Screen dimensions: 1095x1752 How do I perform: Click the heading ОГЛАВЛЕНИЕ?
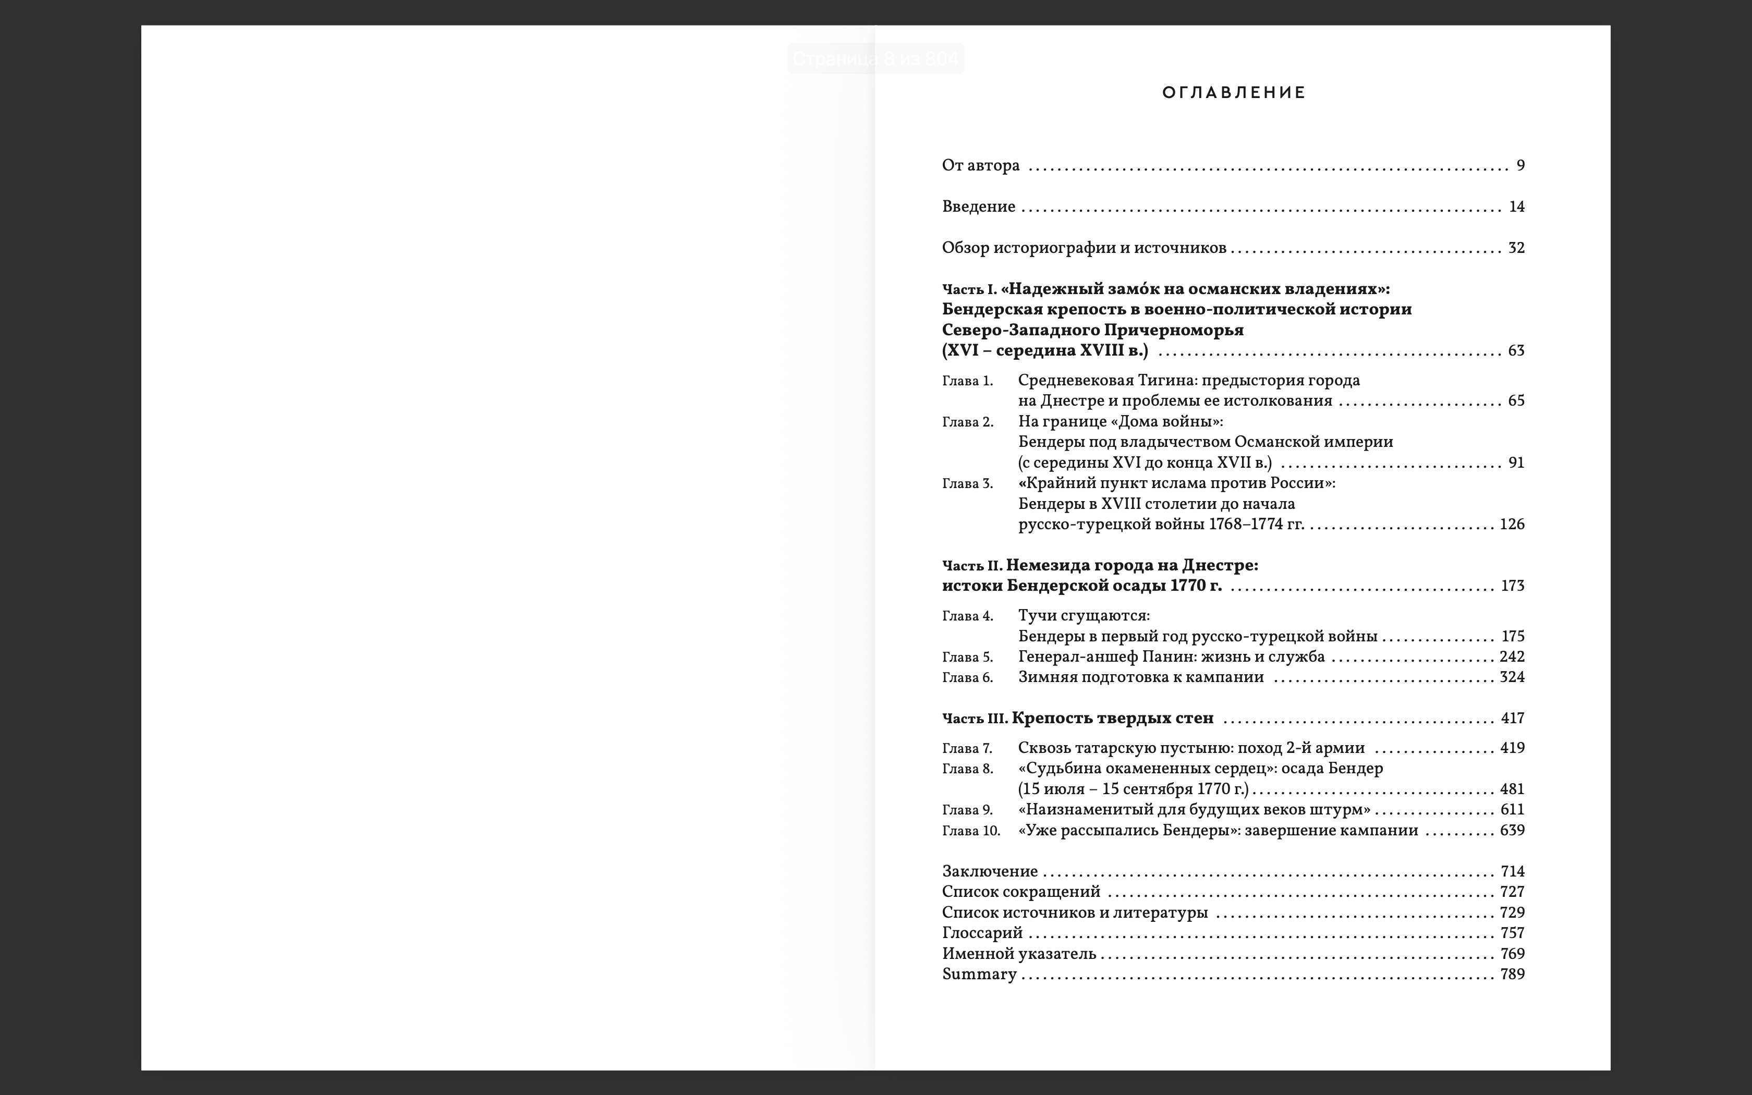[1234, 93]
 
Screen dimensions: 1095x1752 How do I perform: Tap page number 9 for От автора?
[1520, 166]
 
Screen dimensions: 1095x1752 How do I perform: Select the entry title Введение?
[978, 207]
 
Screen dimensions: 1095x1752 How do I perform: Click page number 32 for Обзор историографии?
[1516, 248]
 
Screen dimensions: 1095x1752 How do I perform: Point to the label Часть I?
[969, 290]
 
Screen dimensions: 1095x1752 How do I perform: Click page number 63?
[1516, 351]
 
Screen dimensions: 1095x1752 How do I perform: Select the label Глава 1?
[967, 381]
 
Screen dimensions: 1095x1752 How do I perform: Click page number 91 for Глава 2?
[1516, 463]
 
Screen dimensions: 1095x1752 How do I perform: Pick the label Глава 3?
[967, 484]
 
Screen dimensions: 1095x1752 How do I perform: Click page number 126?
[1512, 525]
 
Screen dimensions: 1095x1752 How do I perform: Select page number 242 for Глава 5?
[1512, 657]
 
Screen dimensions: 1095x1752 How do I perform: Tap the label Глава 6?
[967, 678]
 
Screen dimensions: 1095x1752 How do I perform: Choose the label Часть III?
[975, 719]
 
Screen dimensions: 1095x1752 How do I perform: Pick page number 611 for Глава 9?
[1512, 810]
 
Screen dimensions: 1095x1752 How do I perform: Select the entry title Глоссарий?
[982, 933]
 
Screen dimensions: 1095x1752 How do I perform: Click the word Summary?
[979, 975]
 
